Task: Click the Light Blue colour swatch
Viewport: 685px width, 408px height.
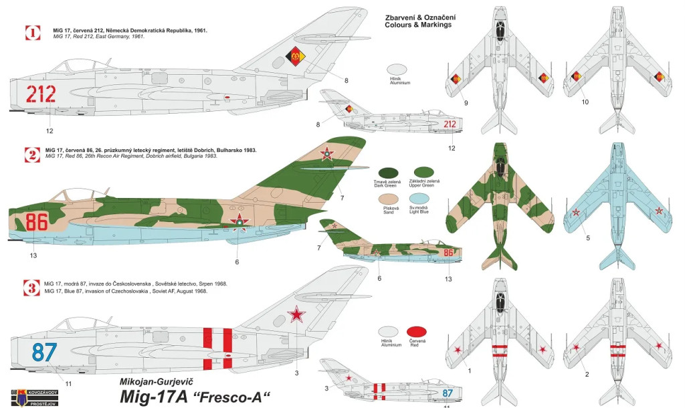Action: [x=419, y=200]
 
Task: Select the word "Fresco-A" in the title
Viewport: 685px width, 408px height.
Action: [x=225, y=396]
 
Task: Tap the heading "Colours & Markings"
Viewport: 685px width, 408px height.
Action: [x=418, y=24]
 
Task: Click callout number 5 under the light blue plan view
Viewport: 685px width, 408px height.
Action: [x=588, y=237]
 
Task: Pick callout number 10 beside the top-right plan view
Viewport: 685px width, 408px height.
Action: [x=585, y=102]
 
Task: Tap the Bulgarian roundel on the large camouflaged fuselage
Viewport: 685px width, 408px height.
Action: [x=239, y=223]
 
